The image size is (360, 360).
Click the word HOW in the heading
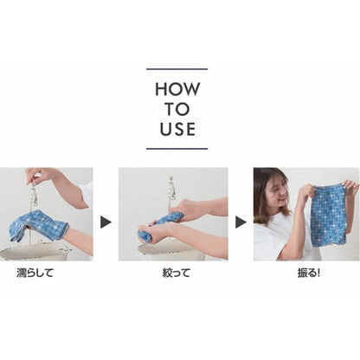pyautogui.click(x=177, y=89)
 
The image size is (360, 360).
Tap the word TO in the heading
pyautogui.click(x=177, y=109)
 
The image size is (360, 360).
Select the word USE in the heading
pyautogui.click(x=177, y=129)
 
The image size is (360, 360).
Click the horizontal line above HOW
pyautogui.click(x=177, y=69)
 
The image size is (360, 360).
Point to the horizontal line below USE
pyautogui.click(x=177, y=149)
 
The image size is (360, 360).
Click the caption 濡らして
pyautogui.click(x=35, y=273)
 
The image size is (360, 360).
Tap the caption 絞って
pyautogui.click(x=176, y=273)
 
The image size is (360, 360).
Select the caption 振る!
pyautogui.click(x=309, y=273)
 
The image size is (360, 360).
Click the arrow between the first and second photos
pyautogui.click(x=106, y=222)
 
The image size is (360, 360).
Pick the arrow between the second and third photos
pyautogui.click(x=241, y=222)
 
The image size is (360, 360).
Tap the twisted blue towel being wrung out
pyautogui.click(x=156, y=228)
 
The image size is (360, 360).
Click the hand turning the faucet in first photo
pyautogui.click(x=36, y=175)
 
